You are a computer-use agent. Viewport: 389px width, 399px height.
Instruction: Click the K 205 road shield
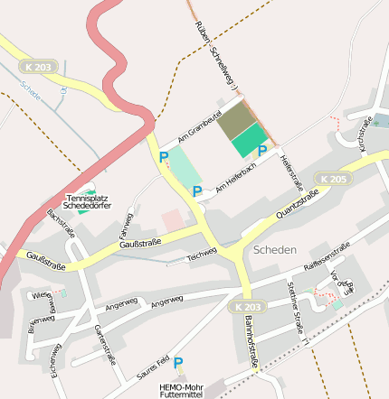[334, 180]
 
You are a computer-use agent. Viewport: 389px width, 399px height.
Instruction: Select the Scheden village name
[275, 249]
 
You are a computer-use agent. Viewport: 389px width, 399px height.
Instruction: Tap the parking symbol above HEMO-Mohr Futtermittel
[178, 363]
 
